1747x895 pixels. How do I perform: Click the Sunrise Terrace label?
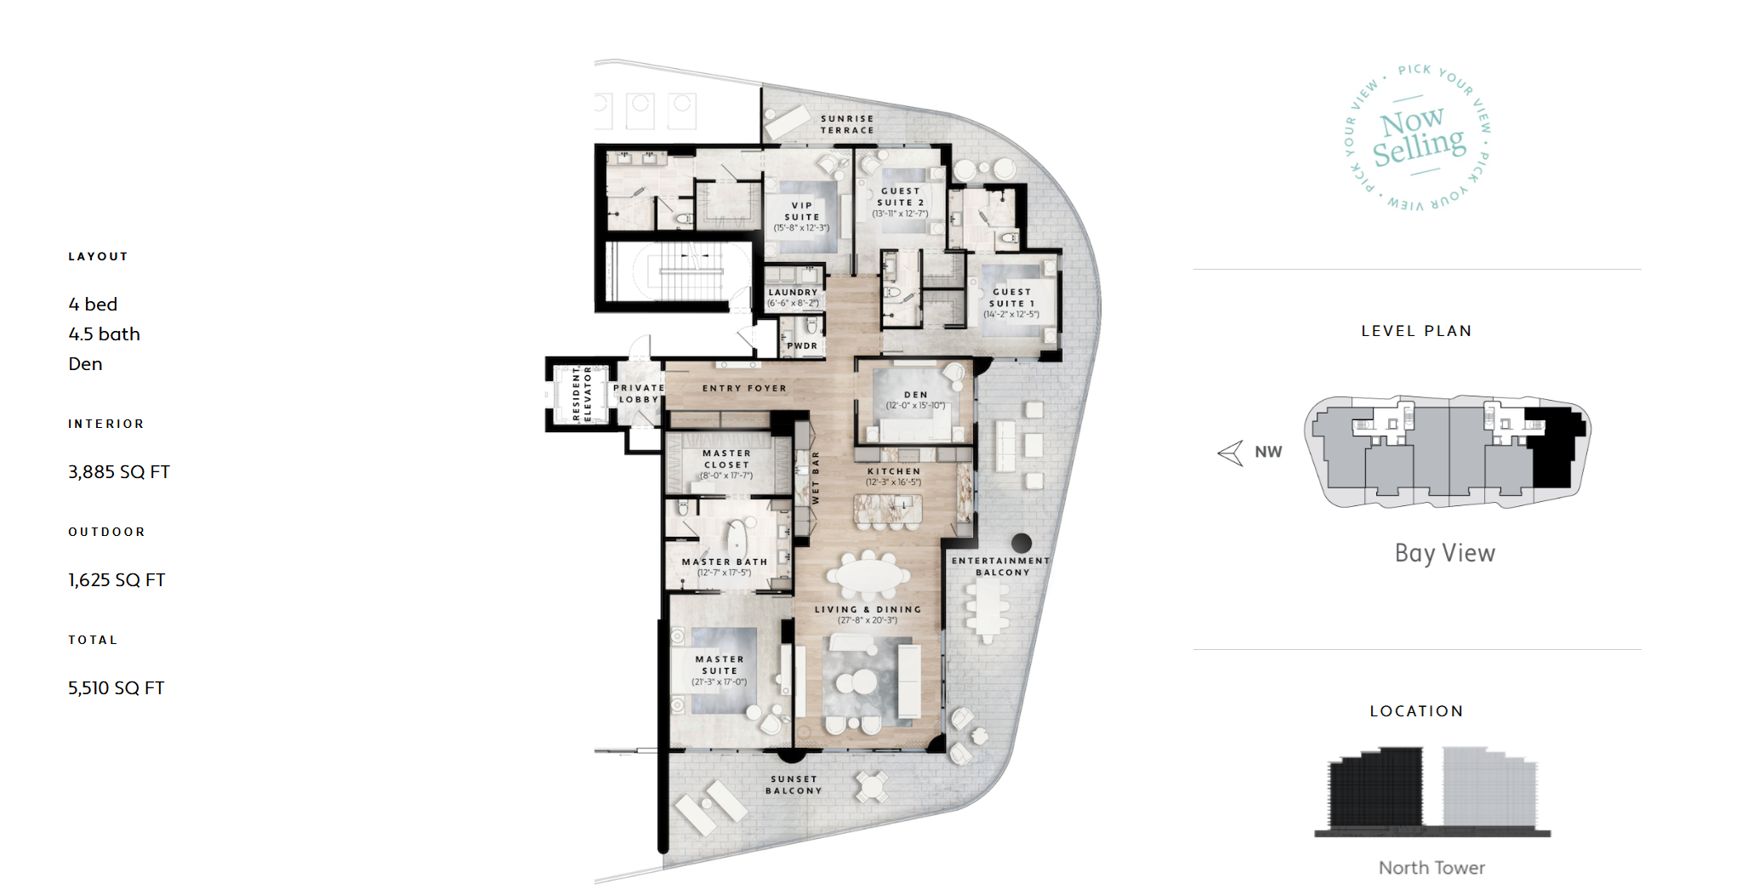(847, 124)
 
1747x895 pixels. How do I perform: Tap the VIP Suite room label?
(801, 216)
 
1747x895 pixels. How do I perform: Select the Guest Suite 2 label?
(901, 202)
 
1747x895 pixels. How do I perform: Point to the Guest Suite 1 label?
(1011, 303)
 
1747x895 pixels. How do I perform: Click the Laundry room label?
(793, 297)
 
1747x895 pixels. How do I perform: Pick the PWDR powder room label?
(802, 345)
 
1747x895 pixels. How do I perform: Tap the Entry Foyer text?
(744, 388)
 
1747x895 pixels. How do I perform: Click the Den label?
(916, 400)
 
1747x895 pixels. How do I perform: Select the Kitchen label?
(894, 476)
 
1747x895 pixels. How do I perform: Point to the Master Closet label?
(726, 465)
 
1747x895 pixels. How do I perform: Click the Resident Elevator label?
(582, 393)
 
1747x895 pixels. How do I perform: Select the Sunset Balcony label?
(794, 784)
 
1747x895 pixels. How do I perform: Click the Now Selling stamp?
(1420, 137)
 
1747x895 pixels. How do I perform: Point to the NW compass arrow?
(1231, 453)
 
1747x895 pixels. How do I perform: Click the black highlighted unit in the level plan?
(1555, 447)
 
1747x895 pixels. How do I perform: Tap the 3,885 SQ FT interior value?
(119, 472)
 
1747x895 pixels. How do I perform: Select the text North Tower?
(1431, 868)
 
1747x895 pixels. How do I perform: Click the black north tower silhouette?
(1375, 788)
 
